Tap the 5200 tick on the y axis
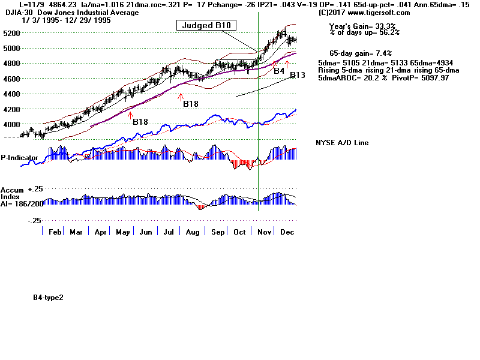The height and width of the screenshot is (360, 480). click(10, 33)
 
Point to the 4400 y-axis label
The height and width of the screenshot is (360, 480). click(10, 94)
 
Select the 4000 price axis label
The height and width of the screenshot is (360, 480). click(10, 125)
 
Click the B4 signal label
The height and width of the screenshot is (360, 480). click(278, 71)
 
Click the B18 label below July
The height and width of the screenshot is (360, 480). click(191, 104)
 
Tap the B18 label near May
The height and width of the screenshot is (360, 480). click(140, 122)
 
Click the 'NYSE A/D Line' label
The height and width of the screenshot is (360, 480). click(342, 143)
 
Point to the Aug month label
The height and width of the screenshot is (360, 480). click(192, 232)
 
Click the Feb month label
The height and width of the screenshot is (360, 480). click(55, 232)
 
